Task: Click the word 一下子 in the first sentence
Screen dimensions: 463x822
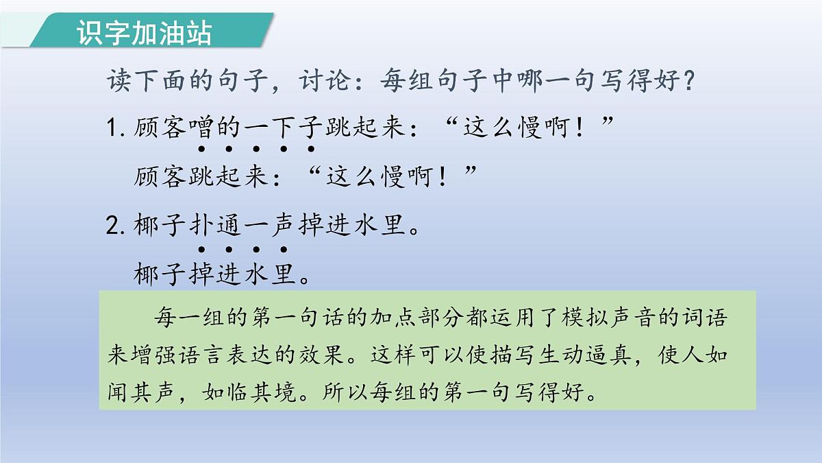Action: pos(282,128)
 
